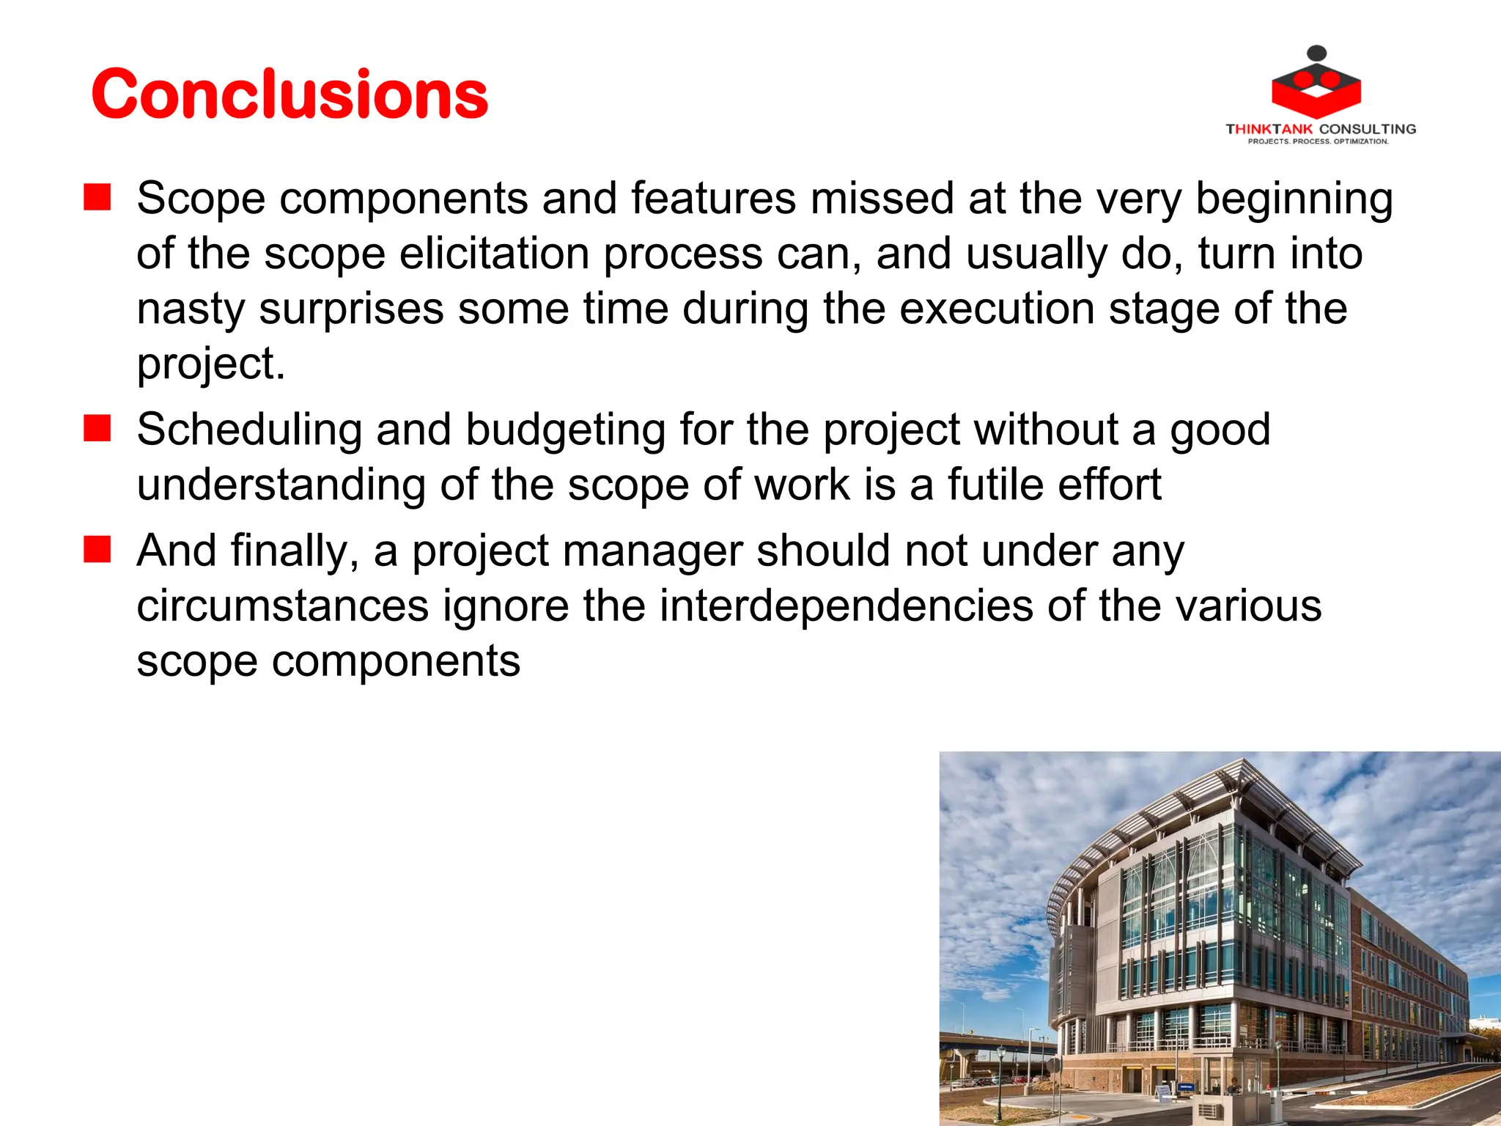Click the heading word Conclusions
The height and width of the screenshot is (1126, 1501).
(289, 94)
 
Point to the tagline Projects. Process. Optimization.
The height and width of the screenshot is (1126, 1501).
(1319, 141)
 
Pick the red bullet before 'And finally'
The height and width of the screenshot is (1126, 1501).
(97, 550)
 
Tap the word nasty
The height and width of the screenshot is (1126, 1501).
(191, 309)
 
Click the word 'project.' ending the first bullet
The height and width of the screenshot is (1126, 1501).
(210, 364)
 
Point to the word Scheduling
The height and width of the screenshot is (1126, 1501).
(249, 430)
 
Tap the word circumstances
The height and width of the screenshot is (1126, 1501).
(282, 606)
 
